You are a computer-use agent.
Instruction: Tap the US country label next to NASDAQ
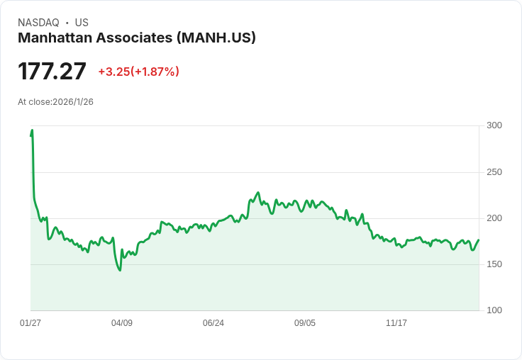(82, 23)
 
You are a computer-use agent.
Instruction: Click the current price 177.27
(52, 71)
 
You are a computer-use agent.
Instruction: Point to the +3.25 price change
(113, 72)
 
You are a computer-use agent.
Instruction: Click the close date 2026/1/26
(73, 102)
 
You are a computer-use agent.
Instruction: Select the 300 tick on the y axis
(494, 125)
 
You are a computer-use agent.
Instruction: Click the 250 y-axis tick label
(494, 172)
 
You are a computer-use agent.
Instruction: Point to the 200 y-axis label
(494, 218)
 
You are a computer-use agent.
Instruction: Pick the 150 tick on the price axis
(494, 264)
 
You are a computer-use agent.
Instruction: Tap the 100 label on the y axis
(494, 310)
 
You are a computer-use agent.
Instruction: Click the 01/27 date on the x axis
(30, 323)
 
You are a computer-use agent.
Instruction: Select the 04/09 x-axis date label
(122, 323)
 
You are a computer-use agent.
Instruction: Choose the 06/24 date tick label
(213, 323)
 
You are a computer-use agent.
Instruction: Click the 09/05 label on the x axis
(305, 323)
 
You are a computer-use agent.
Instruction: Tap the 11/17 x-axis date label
(396, 323)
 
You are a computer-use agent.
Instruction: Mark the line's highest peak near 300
(32, 130)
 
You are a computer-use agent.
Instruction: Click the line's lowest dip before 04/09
(120, 270)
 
